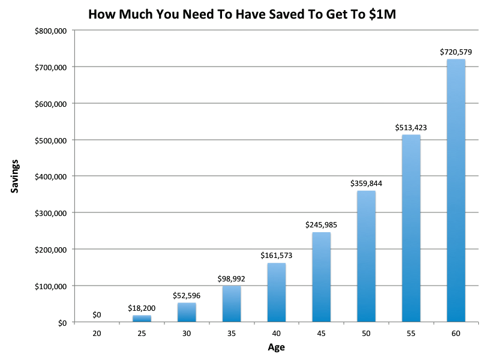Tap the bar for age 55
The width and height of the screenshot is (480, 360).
coord(411,228)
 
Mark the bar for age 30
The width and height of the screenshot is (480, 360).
coord(187,312)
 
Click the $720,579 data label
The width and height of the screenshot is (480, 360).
coord(456,52)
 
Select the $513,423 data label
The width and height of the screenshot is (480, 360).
coord(411,127)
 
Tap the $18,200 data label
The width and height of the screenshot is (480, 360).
coord(142,308)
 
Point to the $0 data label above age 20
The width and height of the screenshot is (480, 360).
coord(97,314)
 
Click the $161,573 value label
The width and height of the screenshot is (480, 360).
coord(277,256)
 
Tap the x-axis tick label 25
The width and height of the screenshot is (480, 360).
coord(142,333)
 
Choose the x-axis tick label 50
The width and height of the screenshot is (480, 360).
coord(366,333)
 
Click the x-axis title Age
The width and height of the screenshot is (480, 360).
coord(276,347)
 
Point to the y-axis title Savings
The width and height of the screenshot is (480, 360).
coord(14,176)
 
